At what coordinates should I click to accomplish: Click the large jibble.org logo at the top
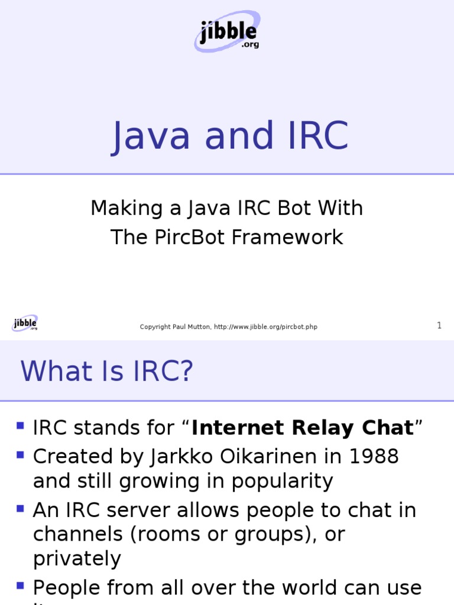click(227, 33)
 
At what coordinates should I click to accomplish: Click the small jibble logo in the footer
click(25, 323)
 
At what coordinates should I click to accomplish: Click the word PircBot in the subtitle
click(184, 237)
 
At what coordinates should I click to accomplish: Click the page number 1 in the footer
click(439, 326)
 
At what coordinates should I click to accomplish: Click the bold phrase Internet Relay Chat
click(302, 427)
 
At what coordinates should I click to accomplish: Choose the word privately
click(77, 558)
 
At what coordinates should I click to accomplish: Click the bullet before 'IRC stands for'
click(21, 425)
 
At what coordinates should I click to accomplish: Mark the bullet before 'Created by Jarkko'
click(21, 454)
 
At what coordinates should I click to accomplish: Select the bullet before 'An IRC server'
click(21, 508)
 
